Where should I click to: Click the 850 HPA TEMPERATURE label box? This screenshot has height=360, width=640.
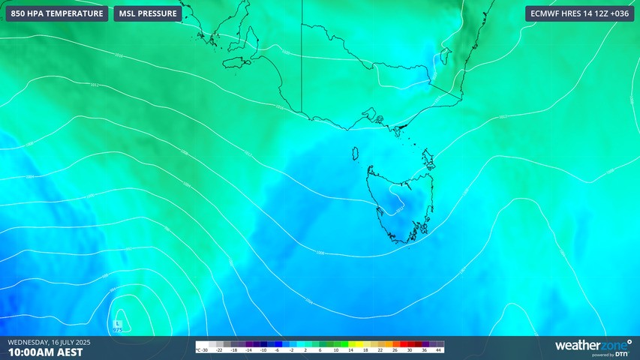[57, 13]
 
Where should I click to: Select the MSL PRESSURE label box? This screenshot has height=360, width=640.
[148, 13]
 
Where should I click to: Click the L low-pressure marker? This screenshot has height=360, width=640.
[118, 322]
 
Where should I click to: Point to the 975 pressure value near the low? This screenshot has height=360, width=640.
[118, 329]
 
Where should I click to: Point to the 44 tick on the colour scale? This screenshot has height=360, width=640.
[438, 350]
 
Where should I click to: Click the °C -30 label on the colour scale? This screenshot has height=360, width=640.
[201, 350]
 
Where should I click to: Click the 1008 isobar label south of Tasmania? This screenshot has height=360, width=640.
[320, 252]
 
